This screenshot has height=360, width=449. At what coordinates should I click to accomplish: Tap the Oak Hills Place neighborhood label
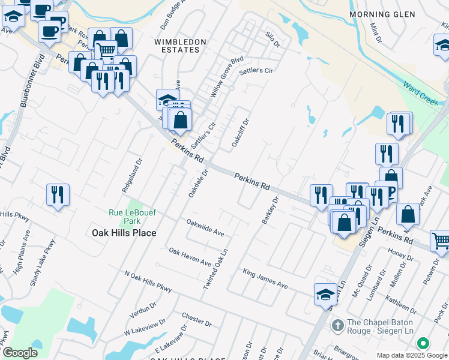pos(124,233)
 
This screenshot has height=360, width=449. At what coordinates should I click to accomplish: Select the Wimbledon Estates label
pos(180,46)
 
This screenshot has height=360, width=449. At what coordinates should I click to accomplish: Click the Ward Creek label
pos(420,93)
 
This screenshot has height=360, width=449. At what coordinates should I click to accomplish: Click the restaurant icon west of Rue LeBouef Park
pos(58,194)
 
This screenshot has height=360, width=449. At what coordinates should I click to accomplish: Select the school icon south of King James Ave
pos(326,294)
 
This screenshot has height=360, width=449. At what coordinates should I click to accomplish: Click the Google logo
pos(20,352)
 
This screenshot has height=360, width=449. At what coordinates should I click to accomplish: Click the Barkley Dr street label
pos(271,211)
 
